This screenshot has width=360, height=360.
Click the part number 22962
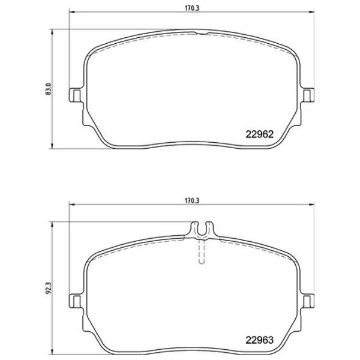(x=260, y=134)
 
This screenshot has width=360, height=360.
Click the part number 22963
(x=260, y=340)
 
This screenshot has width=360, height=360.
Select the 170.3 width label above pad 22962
(x=192, y=8)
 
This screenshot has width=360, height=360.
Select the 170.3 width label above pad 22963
(x=192, y=200)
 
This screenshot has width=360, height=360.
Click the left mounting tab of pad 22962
(x=75, y=95)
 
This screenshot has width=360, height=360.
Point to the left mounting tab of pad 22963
(x=75, y=301)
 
